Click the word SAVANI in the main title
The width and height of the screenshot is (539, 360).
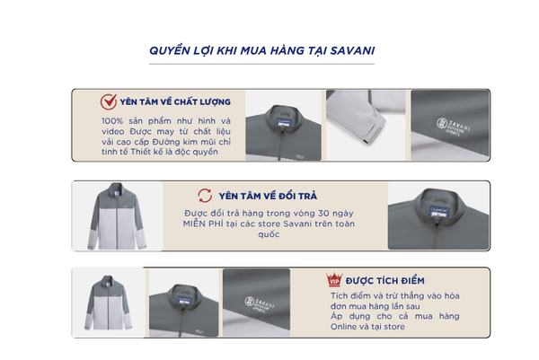(352, 50)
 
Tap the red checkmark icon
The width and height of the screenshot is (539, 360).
(109, 101)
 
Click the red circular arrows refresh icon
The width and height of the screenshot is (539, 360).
(205, 196)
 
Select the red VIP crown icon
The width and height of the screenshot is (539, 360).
(334, 280)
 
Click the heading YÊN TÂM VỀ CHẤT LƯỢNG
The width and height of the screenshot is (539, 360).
(175, 102)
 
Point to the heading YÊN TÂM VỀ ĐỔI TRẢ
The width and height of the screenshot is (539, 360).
(268, 196)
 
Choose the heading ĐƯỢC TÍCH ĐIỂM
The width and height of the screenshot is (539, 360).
(385, 281)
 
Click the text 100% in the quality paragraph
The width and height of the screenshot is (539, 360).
(112, 121)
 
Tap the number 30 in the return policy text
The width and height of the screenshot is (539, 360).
(323, 214)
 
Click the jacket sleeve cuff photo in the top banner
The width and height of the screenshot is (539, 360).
(366, 125)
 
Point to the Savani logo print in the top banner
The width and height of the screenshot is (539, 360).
(453, 126)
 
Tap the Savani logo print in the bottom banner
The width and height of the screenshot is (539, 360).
(260, 303)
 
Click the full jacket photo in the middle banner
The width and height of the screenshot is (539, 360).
(117, 216)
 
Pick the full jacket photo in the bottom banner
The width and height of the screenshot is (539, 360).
(109, 303)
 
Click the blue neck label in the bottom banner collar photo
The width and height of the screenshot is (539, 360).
(185, 300)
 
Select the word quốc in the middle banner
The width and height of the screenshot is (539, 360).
(269, 234)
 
